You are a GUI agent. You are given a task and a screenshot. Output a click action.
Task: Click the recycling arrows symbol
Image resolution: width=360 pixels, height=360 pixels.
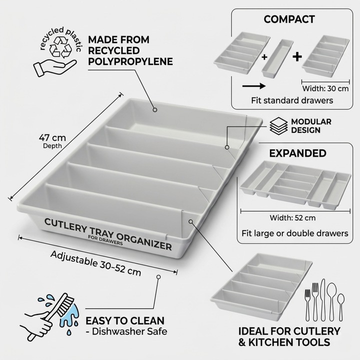point(61,47)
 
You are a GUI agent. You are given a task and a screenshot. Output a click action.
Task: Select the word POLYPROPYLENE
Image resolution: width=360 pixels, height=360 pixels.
point(130,61)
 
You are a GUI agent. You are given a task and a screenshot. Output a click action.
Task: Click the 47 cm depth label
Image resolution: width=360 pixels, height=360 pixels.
point(52,141)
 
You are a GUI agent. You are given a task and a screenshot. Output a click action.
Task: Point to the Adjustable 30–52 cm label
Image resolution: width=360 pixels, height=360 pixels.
point(95,263)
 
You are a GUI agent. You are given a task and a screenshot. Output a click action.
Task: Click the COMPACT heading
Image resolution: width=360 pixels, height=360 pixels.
point(289,19)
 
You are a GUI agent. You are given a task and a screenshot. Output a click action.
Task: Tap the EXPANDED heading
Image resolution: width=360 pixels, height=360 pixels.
point(297,153)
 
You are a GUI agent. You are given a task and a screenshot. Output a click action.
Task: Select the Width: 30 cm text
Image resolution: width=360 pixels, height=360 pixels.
point(325,88)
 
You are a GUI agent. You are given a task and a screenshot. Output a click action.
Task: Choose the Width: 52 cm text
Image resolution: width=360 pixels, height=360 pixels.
point(292,217)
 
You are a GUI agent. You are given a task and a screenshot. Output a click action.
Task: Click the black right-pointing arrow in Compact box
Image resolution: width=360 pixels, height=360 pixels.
point(253,86)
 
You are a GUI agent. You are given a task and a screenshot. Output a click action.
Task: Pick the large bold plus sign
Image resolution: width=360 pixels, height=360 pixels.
point(297,56)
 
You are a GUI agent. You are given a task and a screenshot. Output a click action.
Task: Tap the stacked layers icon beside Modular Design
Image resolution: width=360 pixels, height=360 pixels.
point(278,126)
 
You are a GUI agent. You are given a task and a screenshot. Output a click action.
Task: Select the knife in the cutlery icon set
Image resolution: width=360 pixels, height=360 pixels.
point(323,300)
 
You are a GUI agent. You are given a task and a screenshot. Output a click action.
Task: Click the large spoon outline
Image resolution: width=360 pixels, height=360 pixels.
point(332,301)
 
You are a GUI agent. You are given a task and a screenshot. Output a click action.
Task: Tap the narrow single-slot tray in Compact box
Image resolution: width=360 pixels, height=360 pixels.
point(277,58)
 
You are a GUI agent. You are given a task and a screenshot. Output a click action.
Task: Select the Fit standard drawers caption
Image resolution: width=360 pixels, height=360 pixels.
point(292,100)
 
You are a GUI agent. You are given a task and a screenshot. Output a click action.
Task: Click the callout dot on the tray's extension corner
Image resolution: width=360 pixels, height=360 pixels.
point(190,221)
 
